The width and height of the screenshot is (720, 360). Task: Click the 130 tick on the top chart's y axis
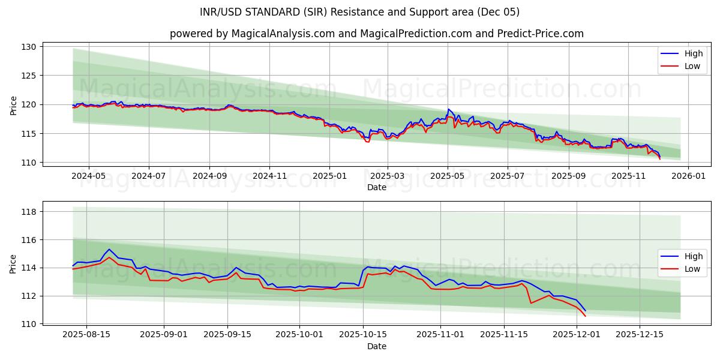(29, 47)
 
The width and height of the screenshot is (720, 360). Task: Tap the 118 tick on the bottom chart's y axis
(29, 212)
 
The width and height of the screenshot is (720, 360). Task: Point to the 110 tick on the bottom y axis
(29, 324)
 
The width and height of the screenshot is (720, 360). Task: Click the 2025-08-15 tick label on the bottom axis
(86, 335)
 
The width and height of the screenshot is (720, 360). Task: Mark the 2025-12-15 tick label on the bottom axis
(639, 335)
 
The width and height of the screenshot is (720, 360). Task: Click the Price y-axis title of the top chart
(14, 105)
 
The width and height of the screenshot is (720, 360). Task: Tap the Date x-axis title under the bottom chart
(377, 346)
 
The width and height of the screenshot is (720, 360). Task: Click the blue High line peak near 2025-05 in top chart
(448, 109)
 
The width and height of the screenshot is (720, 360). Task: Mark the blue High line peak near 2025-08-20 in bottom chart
(109, 250)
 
